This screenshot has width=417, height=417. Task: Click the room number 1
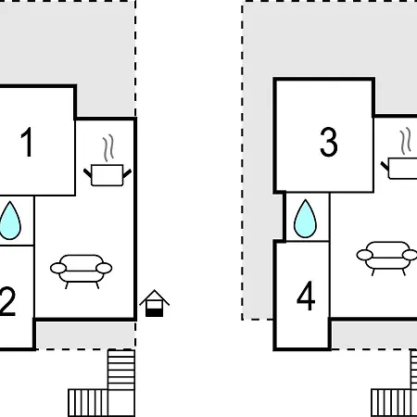click(x=27, y=142)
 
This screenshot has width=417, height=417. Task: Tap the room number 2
click(x=7, y=301)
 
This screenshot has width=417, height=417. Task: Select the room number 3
click(x=329, y=142)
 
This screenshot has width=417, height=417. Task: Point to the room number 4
click(x=306, y=296)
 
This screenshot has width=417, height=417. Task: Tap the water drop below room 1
click(x=10, y=221)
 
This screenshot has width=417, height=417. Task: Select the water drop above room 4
click(x=305, y=219)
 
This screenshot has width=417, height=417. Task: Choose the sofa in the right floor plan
click(x=387, y=259)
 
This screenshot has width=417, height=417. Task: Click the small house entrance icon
click(x=154, y=303)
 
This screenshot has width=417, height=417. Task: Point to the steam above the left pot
click(x=108, y=148)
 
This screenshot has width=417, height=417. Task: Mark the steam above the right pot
click(x=406, y=141)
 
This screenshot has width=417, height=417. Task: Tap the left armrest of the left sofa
click(x=58, y=269)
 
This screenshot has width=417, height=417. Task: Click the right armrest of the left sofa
click(x=104, y=269)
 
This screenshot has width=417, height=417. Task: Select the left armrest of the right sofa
click(x=365, y=255)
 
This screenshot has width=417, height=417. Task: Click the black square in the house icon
click(x=154, y=312)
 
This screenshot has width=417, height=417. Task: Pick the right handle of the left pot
click(x=127, y=173)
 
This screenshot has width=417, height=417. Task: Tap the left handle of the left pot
click(x=88, y=173)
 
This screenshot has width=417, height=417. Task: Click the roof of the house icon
click(x=154, y=297)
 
